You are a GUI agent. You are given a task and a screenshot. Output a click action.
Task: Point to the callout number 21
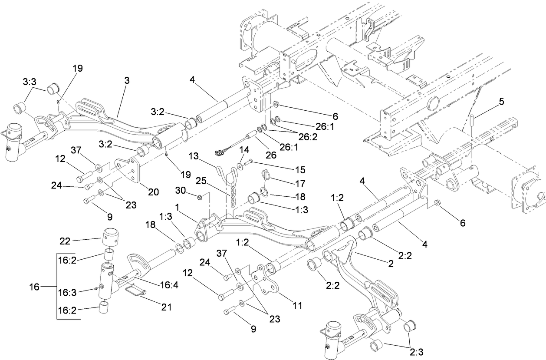point(167,307)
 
